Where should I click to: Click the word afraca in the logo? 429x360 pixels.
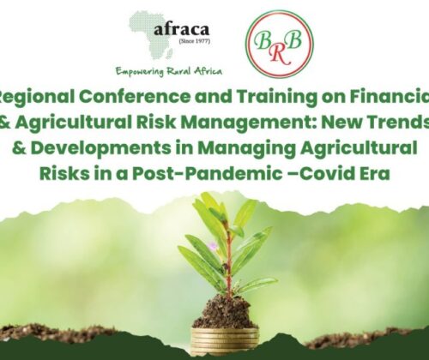point(181,30)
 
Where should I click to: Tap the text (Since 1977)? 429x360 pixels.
point(195,41)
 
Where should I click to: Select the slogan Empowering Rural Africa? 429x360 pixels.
point(169,71)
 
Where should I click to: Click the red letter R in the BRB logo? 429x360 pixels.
point(281,54)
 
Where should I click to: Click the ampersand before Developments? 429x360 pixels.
point(19,148)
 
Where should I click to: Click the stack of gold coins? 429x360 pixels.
point(225,342)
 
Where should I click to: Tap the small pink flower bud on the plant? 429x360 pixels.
point(212,245)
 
